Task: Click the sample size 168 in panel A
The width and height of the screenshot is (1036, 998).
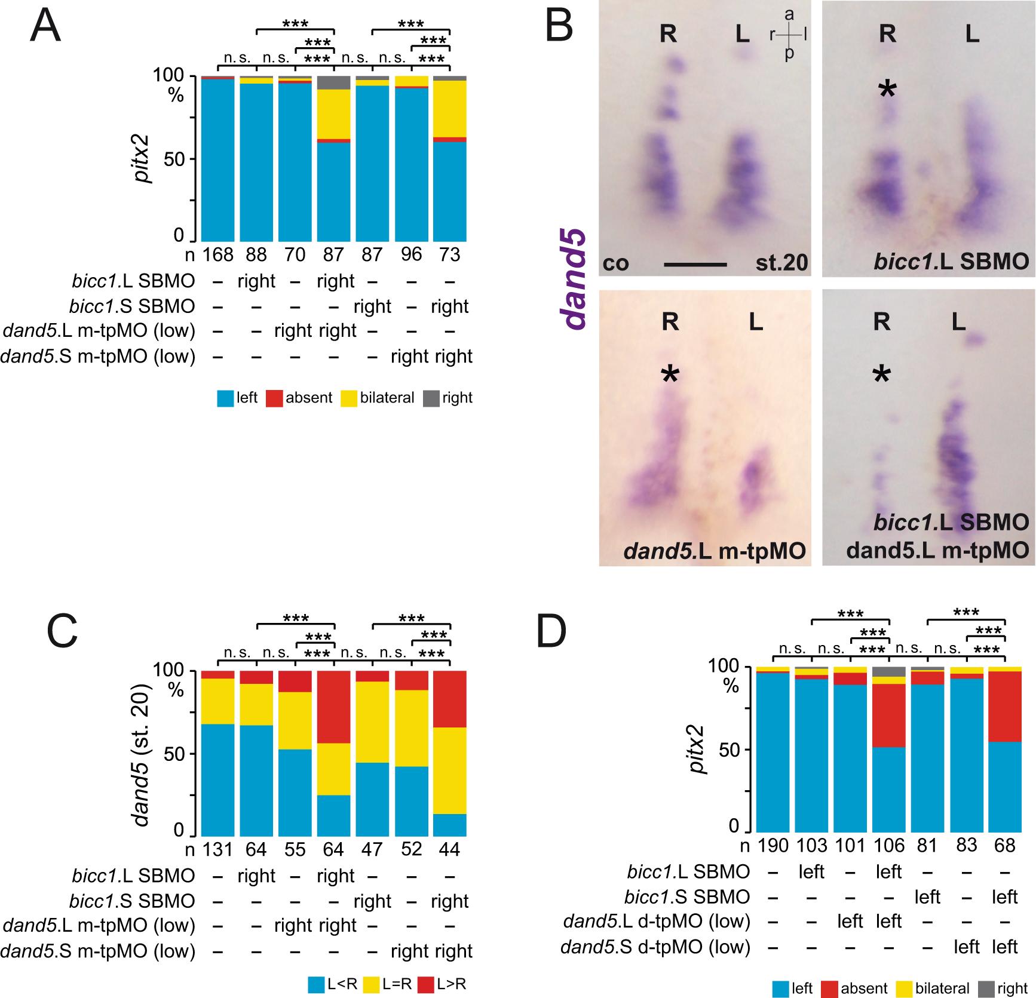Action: (x=217, y=254)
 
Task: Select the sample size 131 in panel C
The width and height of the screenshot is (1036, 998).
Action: (x=217, y=849)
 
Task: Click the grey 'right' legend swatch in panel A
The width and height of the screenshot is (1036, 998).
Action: (x=431, y=398)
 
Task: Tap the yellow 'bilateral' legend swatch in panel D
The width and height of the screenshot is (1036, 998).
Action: (x=905, y=989)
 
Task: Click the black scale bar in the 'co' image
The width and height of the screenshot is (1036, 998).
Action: (x=695, y=263)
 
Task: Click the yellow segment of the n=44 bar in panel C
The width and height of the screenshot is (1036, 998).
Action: (x=450, y=770)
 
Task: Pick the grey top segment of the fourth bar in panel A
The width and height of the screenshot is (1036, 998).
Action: (x=333, y=83)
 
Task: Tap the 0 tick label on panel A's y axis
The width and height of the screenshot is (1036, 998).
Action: (x=179, y=235)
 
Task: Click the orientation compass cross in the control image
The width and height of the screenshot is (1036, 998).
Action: (x=789, y=35)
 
